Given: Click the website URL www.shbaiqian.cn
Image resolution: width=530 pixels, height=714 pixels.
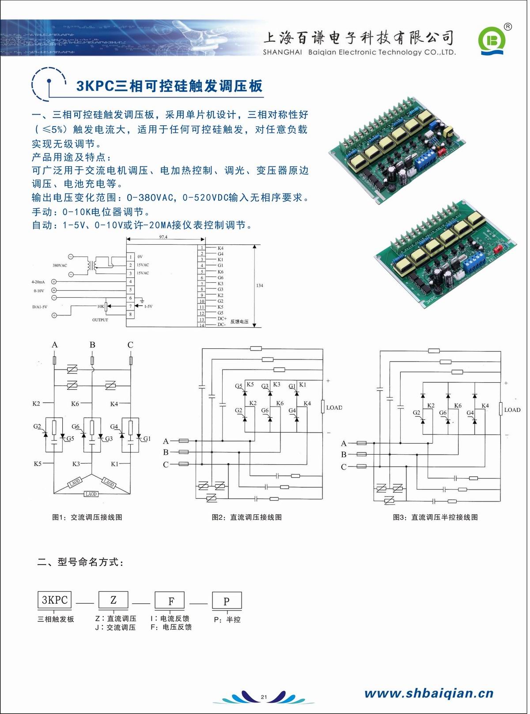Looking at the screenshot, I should [428, 693].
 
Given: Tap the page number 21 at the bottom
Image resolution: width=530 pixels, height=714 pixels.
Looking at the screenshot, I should [264, 697].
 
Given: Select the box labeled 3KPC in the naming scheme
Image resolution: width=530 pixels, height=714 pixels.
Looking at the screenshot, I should [54, 600].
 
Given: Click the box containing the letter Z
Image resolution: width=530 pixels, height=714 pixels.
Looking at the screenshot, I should [113, 600].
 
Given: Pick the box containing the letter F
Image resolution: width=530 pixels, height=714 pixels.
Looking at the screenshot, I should [171, 601].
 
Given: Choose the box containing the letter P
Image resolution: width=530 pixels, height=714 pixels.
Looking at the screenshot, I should [227, 601].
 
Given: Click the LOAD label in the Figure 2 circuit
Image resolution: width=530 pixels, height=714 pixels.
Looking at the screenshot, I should [334, 407].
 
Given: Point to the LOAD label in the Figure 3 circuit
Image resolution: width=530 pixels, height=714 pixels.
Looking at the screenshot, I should [512, 410].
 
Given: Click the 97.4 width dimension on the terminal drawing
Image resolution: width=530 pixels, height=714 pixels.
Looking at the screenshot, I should [163, 237].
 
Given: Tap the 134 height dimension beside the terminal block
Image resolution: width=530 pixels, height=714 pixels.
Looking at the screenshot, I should [259, 285].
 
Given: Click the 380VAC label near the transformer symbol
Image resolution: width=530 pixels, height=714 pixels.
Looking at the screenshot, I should [60, 265].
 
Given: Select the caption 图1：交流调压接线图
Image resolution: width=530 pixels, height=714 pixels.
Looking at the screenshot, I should [87, 517].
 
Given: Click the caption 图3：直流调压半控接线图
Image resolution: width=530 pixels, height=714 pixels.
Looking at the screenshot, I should [435, 517].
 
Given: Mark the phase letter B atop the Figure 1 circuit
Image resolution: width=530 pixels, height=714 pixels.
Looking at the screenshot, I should [92, 344].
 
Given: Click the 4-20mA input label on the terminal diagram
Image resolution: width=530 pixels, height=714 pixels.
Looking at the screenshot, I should [38, 281].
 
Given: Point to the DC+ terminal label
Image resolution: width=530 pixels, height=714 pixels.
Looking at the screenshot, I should [222, 318].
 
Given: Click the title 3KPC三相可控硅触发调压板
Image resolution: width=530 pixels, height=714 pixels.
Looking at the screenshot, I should [169, 86].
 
